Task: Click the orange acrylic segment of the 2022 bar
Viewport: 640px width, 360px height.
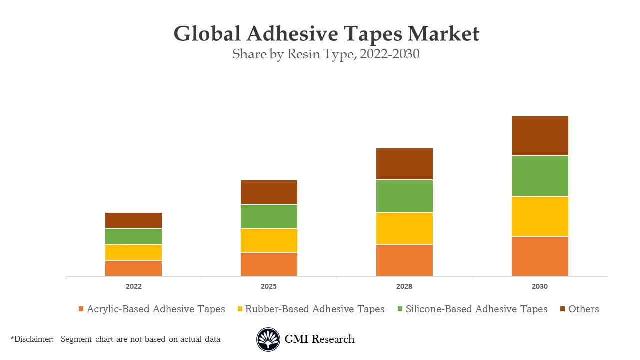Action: click(x=133, y=268)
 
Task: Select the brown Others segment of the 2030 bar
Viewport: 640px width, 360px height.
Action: click(x=540, y=136)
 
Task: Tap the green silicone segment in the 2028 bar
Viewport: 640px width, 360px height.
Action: click(x=404, y=196)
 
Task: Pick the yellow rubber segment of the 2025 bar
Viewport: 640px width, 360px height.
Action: click(x=269, y=240)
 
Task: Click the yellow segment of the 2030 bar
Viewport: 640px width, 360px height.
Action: click(x=540, y=216)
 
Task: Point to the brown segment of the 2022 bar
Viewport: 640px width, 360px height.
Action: click(x=133, y=220)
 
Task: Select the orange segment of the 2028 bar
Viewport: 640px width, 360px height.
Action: click(x=404, y=260)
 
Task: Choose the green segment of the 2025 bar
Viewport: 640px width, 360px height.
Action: click(x=269, y=216)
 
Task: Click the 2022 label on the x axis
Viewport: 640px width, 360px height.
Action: click(x=133, y=287)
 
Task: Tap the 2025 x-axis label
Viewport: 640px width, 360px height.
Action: click(x=269, y=287)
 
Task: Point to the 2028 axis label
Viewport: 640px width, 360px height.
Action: click(x=404, y=287)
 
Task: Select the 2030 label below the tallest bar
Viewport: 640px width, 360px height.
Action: click(x=540, y=287)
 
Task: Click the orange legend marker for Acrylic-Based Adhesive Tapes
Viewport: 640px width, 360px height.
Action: click(x=81, y=309)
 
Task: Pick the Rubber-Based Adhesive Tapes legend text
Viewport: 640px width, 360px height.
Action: click(x=315, y=309)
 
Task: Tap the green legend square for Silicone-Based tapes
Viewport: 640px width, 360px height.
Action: click(x=400, y=309)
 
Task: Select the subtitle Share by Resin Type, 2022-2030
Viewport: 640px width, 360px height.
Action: click(x=326, y=54)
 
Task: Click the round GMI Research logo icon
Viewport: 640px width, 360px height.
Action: click(x=268, y=340)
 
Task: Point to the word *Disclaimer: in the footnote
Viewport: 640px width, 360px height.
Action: click(x=32, y=339)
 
